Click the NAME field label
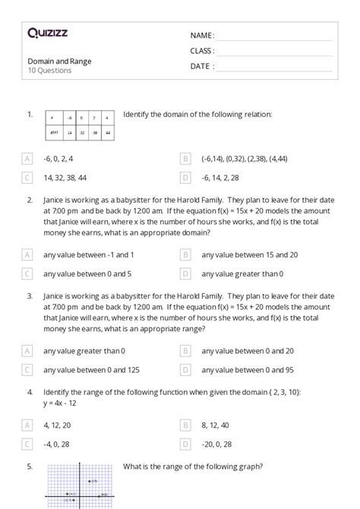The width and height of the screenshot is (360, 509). pos(202,35)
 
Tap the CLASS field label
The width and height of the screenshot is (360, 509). pos(202,50)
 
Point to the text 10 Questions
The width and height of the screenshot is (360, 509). pos(49,71)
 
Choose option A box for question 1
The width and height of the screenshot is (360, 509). pos(27,159)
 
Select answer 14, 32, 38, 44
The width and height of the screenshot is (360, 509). pos(65,177)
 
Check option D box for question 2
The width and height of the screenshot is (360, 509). pos(185,273)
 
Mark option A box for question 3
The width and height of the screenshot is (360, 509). pos(27,351)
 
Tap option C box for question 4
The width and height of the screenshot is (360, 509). pos(27,444)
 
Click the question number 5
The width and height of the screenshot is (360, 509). pos(30,466)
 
